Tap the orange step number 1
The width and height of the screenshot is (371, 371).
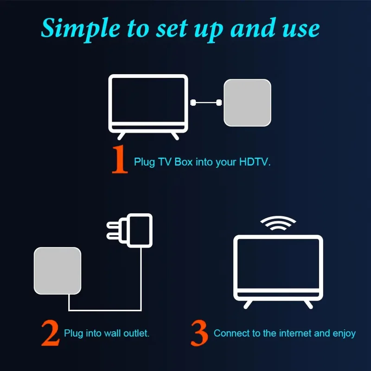click(119, 160)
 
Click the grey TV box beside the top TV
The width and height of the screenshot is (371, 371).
click(247, 102)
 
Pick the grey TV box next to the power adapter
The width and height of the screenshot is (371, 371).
click(58, 271)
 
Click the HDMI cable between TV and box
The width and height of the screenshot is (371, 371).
click(207, 102)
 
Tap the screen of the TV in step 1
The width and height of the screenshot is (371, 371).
click(148, 100)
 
